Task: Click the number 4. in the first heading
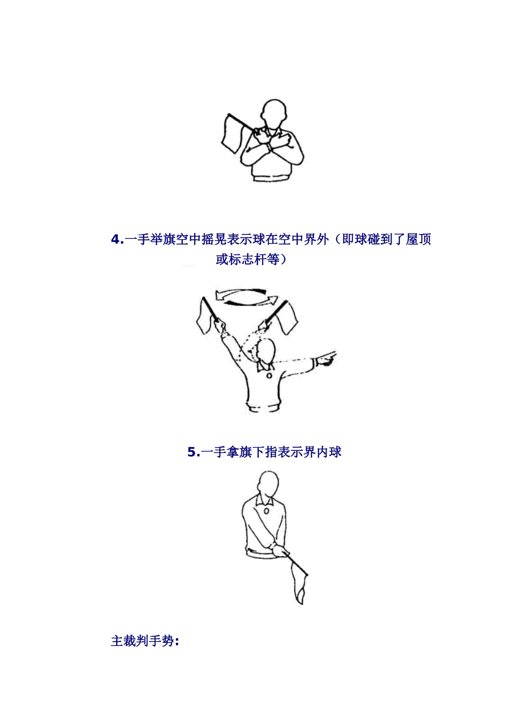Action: (117, 240)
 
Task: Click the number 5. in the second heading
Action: (193, 452)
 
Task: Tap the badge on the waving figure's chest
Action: (268, 375)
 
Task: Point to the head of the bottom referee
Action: (267, 485)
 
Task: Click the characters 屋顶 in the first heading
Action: (418, 240)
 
